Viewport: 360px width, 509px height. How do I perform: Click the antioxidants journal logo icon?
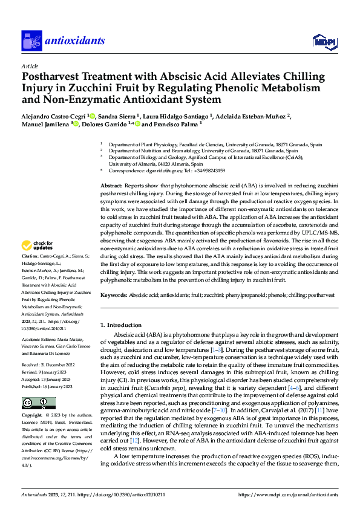pos(31,41)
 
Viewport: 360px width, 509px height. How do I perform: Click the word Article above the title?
pos(29,66)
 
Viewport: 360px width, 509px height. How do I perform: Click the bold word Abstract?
pos(111,186)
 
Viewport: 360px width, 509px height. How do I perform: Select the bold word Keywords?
pos(114,295)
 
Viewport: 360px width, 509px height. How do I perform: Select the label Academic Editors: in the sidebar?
pos(41,340)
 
